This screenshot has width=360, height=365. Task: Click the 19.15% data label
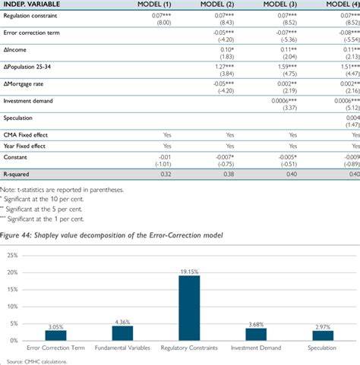[x=188, y=271]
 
